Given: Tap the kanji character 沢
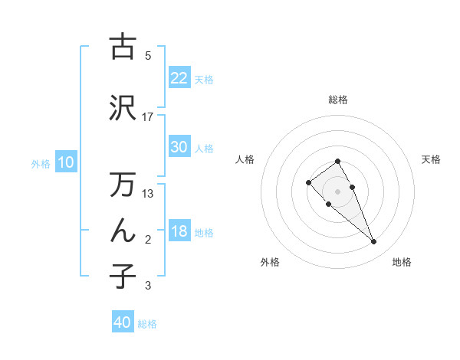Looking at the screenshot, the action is [123, 109].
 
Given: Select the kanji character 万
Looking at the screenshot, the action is [123, 185].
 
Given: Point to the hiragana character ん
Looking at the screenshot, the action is [123, 231].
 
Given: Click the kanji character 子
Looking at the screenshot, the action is [123, 276].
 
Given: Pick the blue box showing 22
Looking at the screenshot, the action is [179, 78].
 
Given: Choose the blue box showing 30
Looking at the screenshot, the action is [179, 147].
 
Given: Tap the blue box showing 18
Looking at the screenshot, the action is [179, 232].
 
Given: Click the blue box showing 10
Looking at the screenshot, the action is [66, 162].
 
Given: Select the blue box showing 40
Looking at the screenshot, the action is [123, 322].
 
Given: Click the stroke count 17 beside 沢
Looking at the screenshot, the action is [148, 116].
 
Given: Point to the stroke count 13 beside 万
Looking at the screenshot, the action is [148, 193].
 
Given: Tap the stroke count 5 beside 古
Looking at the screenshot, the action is [148, 55].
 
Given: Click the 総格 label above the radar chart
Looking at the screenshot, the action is [338, 100].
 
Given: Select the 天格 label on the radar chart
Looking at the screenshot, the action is [432, 159].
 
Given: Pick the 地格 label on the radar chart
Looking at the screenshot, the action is [402, 262].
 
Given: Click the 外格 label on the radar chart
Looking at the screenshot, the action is [270, 262].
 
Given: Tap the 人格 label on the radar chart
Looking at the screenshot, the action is [245, 159].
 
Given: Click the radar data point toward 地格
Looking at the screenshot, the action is [373, 242].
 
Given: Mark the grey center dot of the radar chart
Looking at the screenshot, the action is [337, 191].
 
